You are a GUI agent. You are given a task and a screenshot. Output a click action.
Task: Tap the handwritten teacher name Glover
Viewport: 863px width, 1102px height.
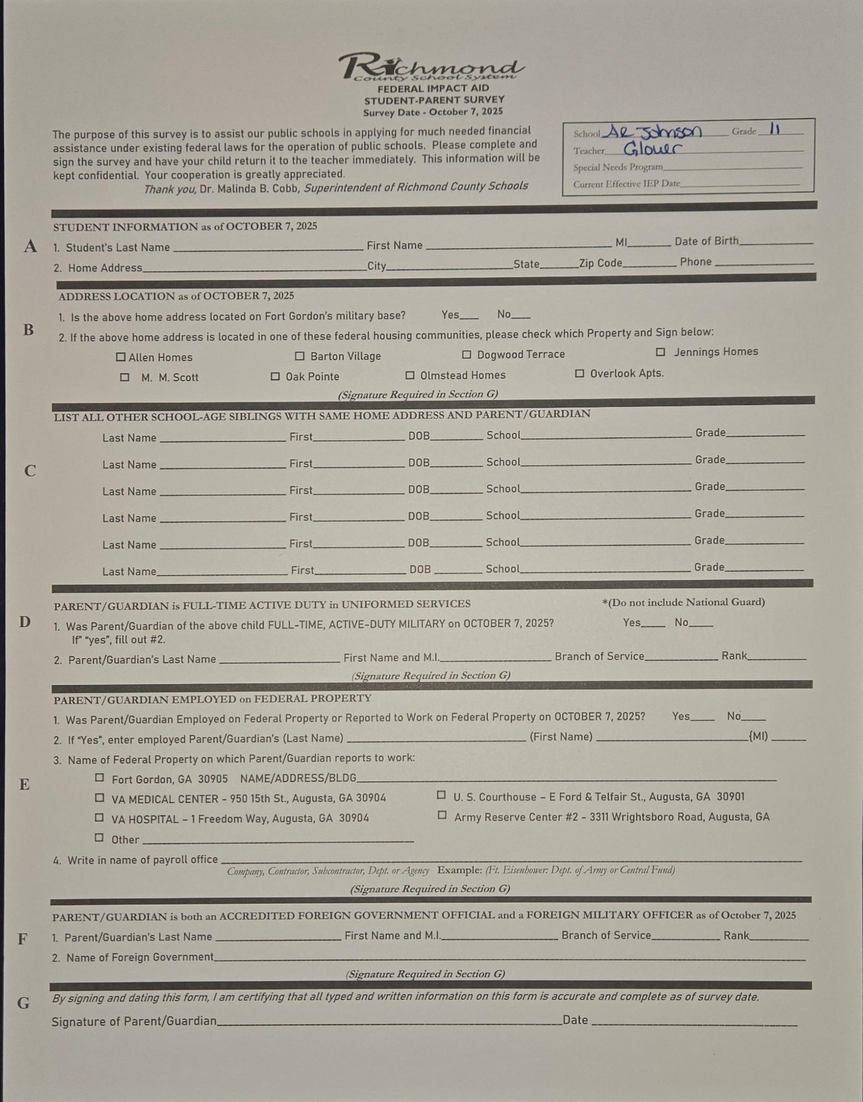(x=652, y=149)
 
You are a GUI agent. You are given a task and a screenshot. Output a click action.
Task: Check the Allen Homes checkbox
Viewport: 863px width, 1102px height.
(x=120, y=357)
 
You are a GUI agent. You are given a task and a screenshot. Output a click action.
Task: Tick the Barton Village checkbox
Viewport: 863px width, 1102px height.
(x=300, y=356)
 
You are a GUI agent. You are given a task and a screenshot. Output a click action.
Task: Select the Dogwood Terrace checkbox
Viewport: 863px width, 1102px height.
(x=467, y=355)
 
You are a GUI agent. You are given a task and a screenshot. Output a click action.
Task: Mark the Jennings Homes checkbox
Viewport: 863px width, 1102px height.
(x=660, y=352)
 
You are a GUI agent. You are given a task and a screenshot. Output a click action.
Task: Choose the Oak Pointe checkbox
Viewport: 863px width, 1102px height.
(x=275, y=376)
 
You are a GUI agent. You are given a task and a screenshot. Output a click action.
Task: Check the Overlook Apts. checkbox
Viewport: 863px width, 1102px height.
(x=580, y=374)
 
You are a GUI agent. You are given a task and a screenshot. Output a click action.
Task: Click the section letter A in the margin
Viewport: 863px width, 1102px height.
(x=31, y=246)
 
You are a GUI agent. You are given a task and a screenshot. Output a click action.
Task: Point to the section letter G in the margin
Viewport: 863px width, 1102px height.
(x=23, y=1003)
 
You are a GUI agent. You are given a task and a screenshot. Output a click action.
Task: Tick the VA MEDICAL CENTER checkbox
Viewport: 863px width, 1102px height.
(x=100, y=797)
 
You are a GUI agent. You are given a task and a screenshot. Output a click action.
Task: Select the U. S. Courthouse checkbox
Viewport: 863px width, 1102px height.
(x=441, y=795)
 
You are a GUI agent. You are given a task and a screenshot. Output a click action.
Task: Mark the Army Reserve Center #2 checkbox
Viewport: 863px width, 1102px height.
(x=442, y=815)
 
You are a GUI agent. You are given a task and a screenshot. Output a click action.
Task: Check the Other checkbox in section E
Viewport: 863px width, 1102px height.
(x=100, y=838)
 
